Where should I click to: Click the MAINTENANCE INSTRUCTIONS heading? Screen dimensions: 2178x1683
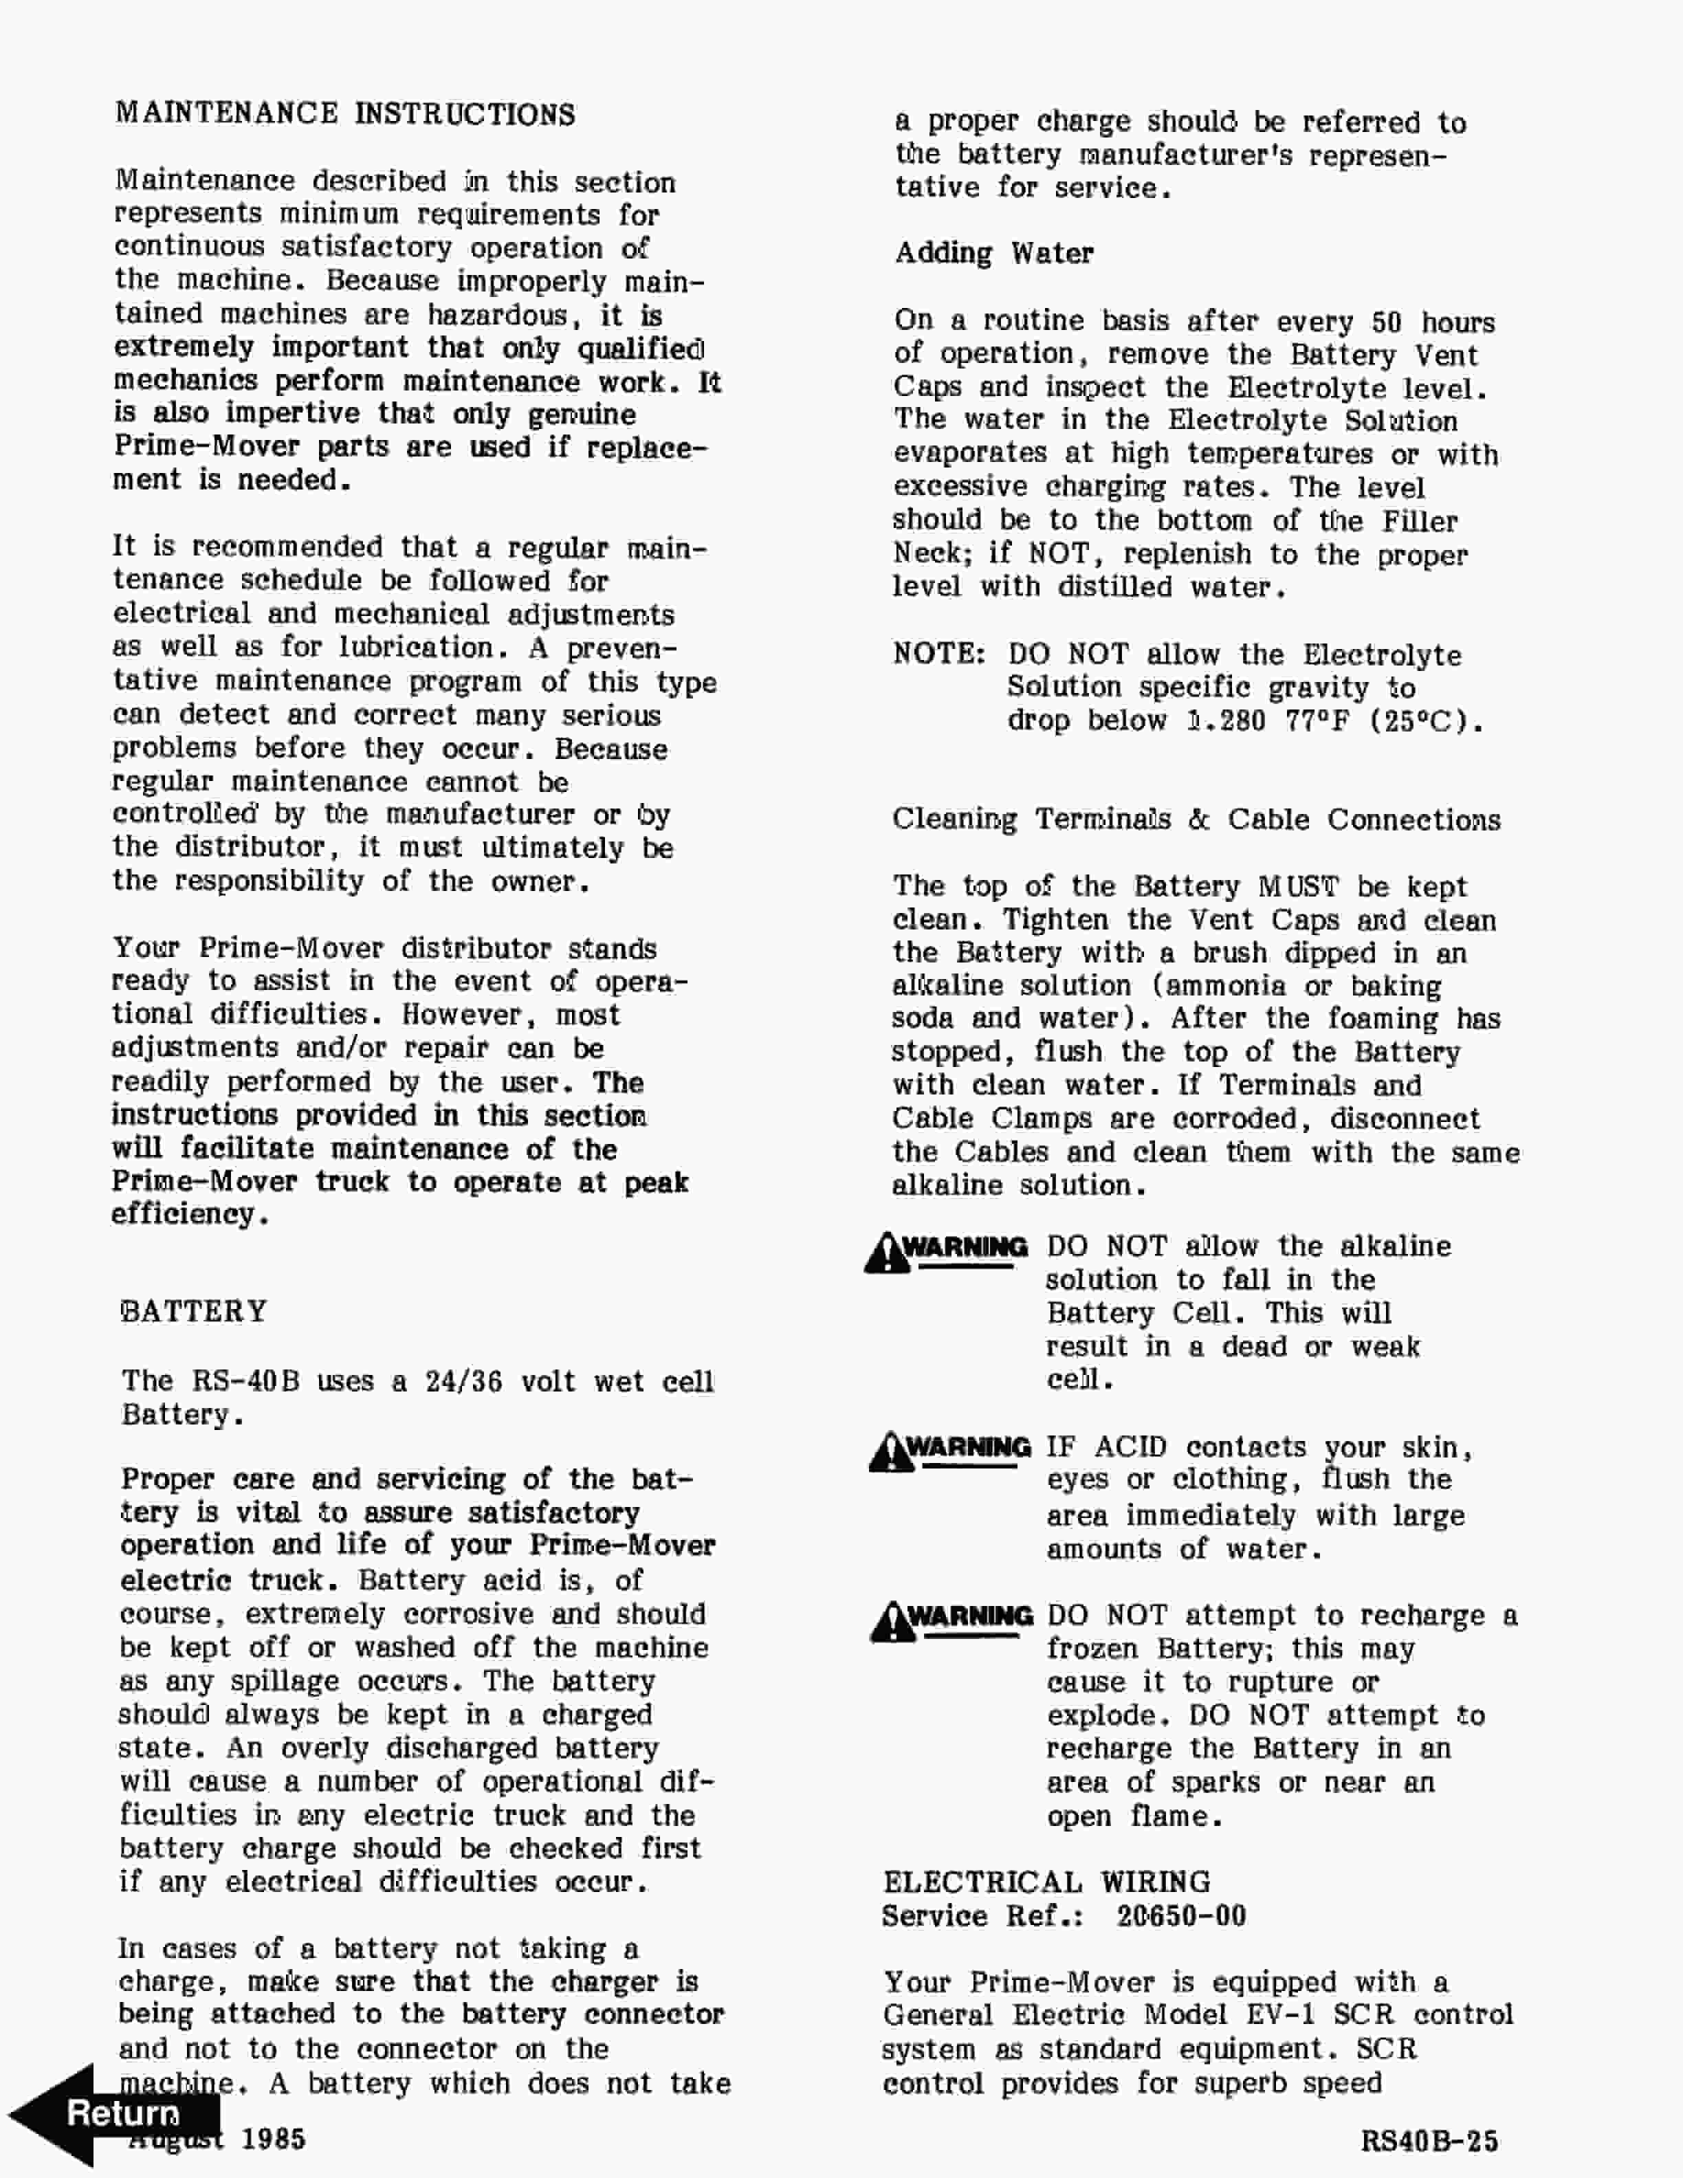(x=345, y=113)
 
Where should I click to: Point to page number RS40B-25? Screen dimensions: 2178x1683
(x=1429, y=2141)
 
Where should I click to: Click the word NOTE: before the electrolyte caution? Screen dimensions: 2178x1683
(x=938, y=654)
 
